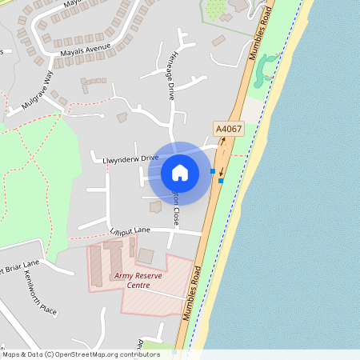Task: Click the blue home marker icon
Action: click(180, 172)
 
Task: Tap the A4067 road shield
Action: click(227, 128)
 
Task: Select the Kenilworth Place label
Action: click(39, 297)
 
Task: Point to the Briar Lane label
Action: click(19, 265)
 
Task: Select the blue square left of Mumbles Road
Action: click(212, 171)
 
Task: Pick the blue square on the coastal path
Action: click(221, 180)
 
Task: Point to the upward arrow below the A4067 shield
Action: click(223, 142)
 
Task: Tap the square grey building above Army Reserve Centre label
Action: click(146, 256)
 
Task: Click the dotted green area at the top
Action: click(215, 9)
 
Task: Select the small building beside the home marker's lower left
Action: click(155, 206)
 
